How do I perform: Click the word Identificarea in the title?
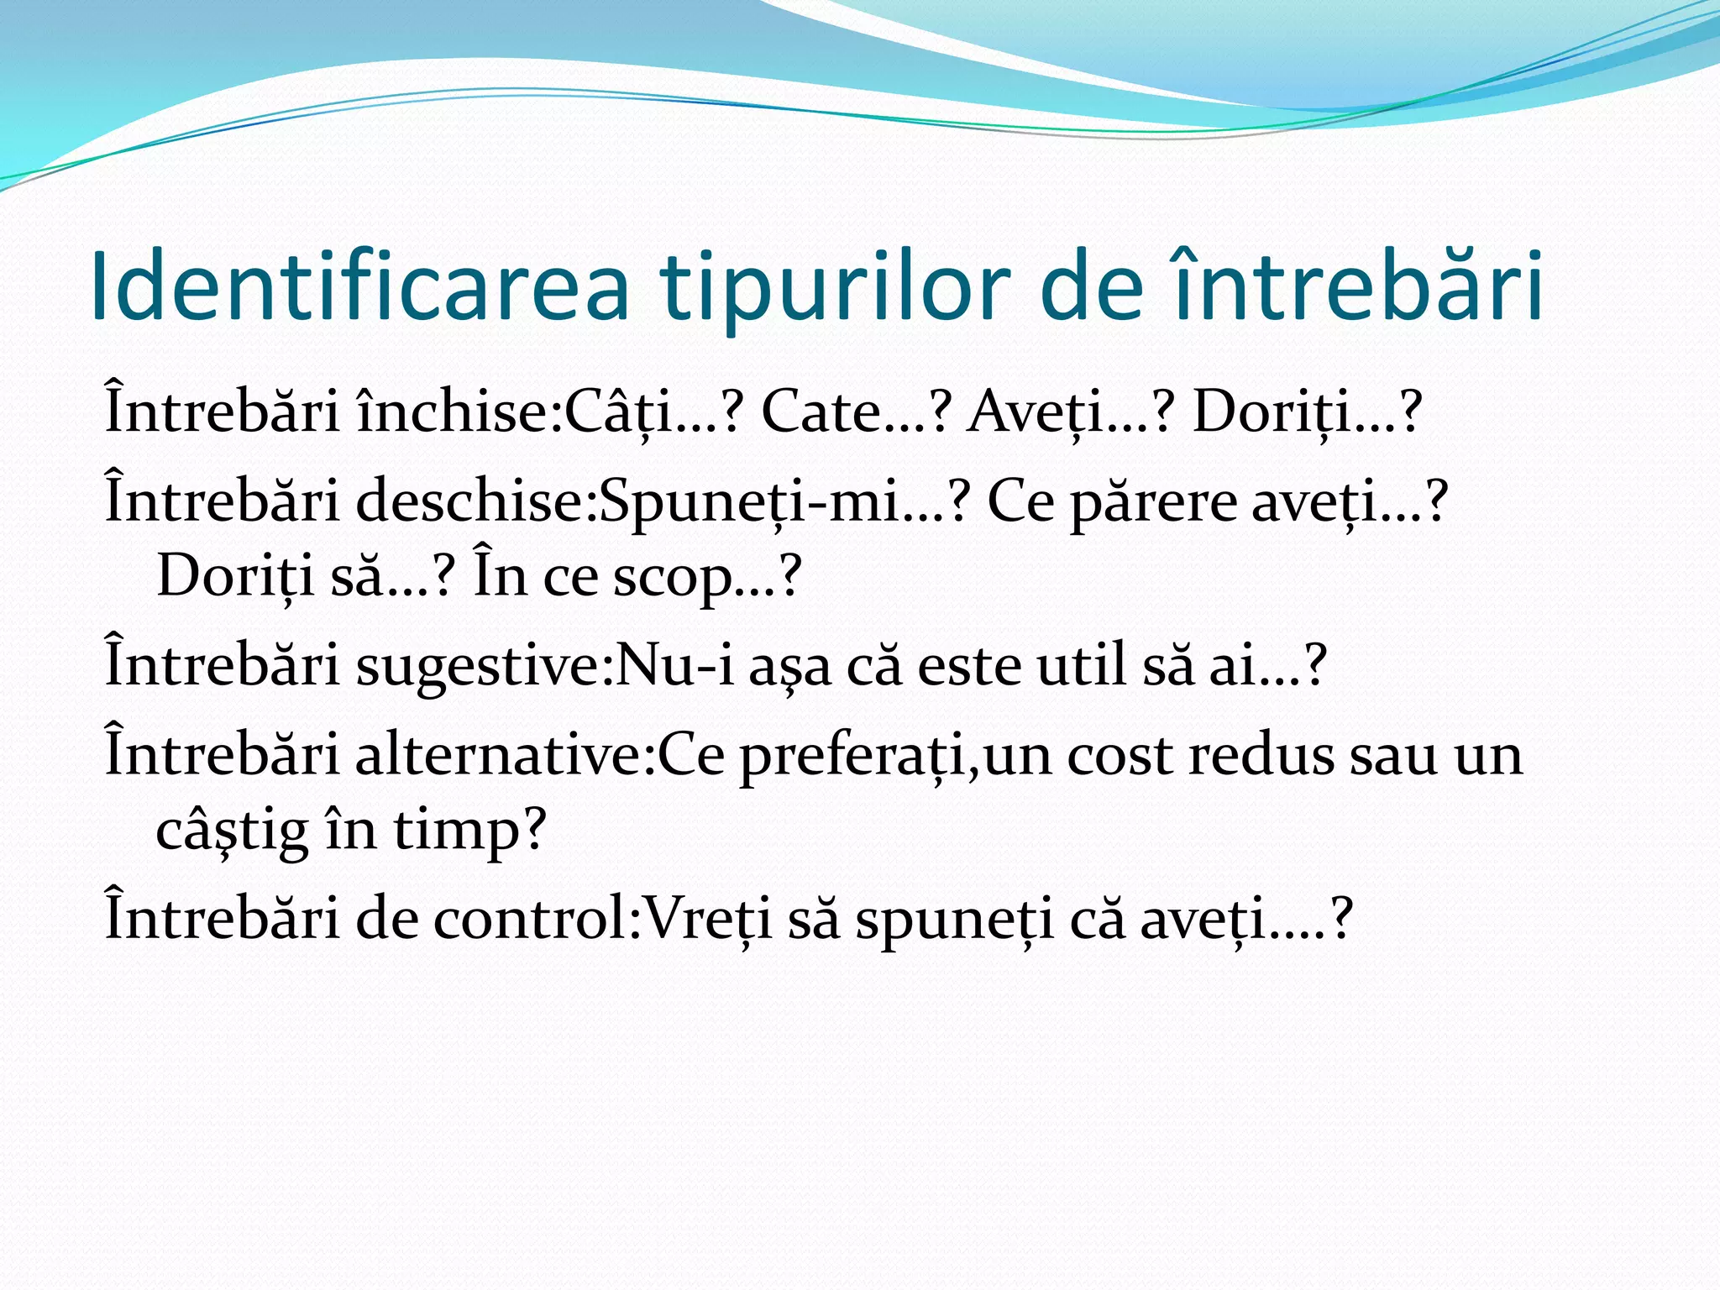point(359,287)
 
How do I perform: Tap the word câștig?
point(232,830)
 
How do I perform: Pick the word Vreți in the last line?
point(706,918)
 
